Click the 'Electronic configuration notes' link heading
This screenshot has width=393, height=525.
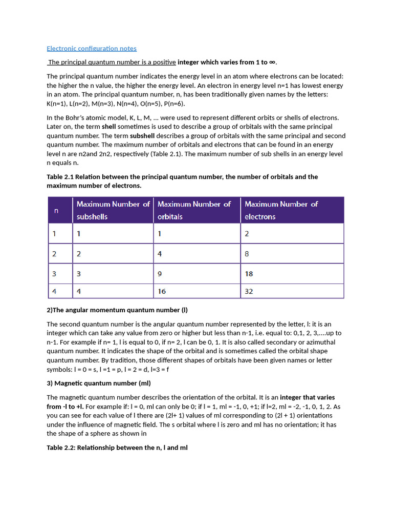92,49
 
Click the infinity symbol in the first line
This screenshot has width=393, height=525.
272,63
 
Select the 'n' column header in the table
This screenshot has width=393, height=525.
56,210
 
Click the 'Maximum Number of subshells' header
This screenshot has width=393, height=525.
113,210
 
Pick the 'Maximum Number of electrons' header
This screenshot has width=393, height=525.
281,210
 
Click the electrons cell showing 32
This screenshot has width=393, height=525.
249,292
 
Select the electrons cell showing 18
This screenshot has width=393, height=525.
249,274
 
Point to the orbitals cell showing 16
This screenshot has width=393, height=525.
162,292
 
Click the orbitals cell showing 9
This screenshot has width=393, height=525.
160,274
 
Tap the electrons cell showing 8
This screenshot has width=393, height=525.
247,253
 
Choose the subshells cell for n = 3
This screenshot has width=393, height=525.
79,274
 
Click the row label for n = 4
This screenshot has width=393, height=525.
54,292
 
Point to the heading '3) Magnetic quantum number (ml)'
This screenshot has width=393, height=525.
99,383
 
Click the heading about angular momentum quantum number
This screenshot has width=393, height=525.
117,310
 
